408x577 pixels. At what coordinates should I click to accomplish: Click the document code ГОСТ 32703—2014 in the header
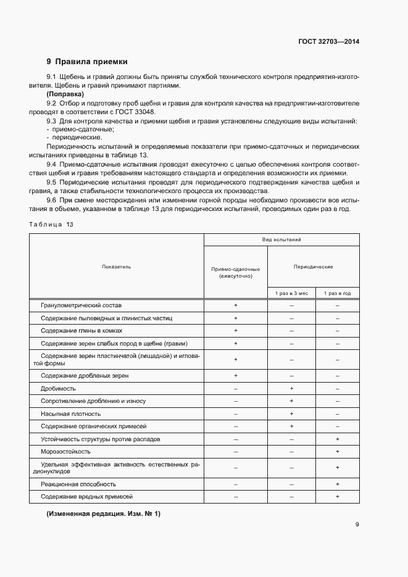click(328, 42)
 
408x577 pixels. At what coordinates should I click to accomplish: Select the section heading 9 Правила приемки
click(87, 62)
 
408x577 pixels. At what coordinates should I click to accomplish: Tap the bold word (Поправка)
click(65, 94)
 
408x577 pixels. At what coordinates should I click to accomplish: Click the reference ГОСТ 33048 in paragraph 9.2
click(135, 112)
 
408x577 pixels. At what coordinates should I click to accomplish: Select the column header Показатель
click(117, 267)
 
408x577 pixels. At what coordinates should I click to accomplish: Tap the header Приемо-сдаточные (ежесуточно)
click(235, 273)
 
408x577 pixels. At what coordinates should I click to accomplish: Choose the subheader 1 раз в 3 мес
click(291, 293)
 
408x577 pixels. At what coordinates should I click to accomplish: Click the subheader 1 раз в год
click(338, 293)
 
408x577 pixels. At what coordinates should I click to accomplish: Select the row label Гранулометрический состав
click(81, 305)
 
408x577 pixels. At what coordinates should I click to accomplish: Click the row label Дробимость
click(58, 388)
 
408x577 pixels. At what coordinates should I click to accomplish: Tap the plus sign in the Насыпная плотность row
click(291, 413)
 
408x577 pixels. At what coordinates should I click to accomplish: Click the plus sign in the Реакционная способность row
click(338, 484)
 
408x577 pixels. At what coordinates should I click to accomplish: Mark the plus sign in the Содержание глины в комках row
click(235, 331)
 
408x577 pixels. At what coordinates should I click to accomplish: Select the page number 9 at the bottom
click(357, 525)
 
